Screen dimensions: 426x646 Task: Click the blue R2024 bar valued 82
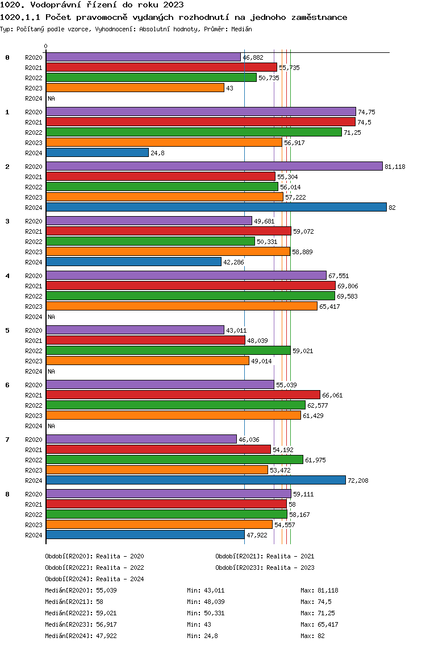pyautogui.click(x=216, y=207)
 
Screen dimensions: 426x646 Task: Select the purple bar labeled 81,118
pyautogui.click(x=214, y=166)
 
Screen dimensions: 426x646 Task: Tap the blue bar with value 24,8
pyautogui.click(x=97, y=152)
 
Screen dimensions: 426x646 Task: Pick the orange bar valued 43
pyautogui.click(x=135, y=88)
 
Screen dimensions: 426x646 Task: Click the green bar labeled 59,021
pyautogui.click(x=168, y=351)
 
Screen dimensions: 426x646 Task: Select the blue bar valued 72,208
pyautogui.click(x=196, y=480)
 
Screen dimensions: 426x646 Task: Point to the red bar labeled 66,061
pyautogui.click(x=183, y=395)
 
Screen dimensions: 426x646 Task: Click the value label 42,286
pyautogui.click(x=233, y=262)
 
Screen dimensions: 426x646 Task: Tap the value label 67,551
pyautogui.click(x=339, y=276)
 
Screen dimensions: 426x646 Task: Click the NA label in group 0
pyautogui.click(x=52, y=98)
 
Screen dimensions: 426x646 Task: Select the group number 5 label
pyautogui.click(x=7, y=330)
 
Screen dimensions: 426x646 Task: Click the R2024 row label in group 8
pyautogui.click(x=34, y=535)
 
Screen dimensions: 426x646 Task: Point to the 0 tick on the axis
pyautogui.click(x=45, y=46)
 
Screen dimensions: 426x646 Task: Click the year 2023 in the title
pyautogui.click(x=173, y=5)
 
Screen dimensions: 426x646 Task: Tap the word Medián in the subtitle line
pyautogui.click(x=241, y=29)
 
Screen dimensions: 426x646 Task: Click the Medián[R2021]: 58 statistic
pyautogui.click(x=74, y=602)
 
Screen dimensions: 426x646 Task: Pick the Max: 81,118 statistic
pyautogui.click(x=319, y=590)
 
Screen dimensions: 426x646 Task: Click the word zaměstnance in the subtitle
pyautogui.click(x=319, y=17)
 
